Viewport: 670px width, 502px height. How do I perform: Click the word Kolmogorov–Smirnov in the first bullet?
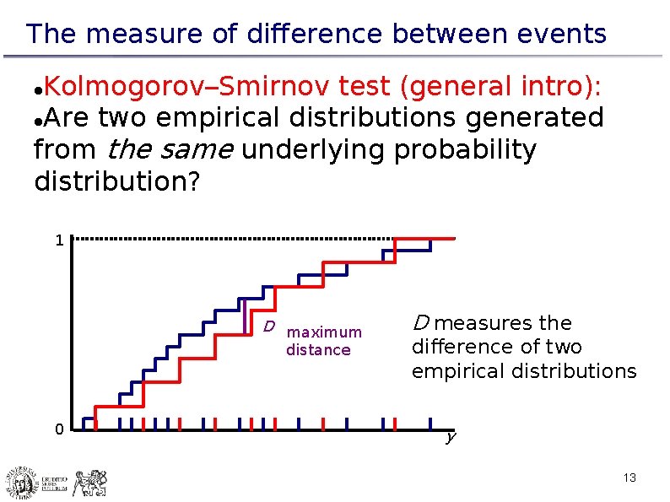tap(186, 85)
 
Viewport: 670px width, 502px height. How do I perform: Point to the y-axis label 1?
tap(58, 240)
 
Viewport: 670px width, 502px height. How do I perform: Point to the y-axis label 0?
tap(58, 430)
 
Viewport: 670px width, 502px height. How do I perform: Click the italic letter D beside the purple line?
tap(267, 327)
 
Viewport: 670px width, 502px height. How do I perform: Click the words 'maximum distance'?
tap(323, 341)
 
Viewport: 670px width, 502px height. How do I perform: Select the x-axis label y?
tap(451, 437)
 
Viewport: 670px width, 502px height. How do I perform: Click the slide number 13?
tap(629, 478)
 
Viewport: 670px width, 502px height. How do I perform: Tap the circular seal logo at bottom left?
tap(22, 483)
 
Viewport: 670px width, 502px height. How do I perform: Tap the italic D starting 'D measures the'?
tap(419, 323)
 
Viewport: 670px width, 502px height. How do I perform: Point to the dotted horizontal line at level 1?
tap(236, 239)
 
